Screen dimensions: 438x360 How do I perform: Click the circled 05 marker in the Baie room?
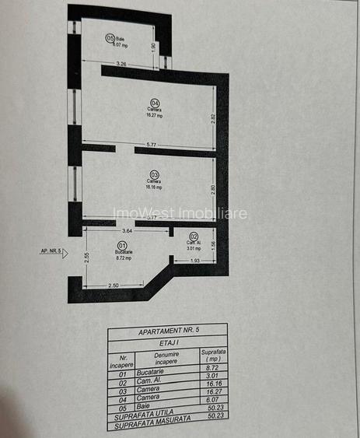110,37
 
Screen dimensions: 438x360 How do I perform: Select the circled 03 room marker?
154,174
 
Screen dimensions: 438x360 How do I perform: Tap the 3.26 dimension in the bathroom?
121,63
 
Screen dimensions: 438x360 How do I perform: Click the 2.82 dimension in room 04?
213,118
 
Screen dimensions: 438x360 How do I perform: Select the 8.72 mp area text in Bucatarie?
123,258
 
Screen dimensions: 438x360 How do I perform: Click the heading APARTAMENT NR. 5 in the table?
167,330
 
